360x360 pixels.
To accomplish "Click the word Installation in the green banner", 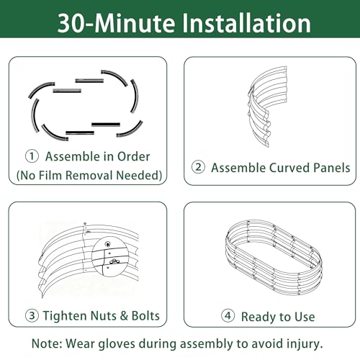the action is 247,23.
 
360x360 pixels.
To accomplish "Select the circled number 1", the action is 32,156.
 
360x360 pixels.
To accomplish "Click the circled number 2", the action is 198,167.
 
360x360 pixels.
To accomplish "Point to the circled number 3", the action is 32,315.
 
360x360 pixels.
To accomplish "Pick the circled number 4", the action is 228,315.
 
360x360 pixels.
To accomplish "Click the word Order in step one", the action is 133,156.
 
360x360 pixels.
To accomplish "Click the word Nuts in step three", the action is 104,315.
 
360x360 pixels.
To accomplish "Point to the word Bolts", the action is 145,315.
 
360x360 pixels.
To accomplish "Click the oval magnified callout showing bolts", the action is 110,256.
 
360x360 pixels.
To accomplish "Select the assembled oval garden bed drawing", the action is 274,258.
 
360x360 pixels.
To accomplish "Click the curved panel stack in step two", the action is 267,106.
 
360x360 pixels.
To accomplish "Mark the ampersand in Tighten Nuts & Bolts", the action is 124,315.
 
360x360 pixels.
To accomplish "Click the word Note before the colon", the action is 46,343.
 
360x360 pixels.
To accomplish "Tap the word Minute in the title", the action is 135,23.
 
